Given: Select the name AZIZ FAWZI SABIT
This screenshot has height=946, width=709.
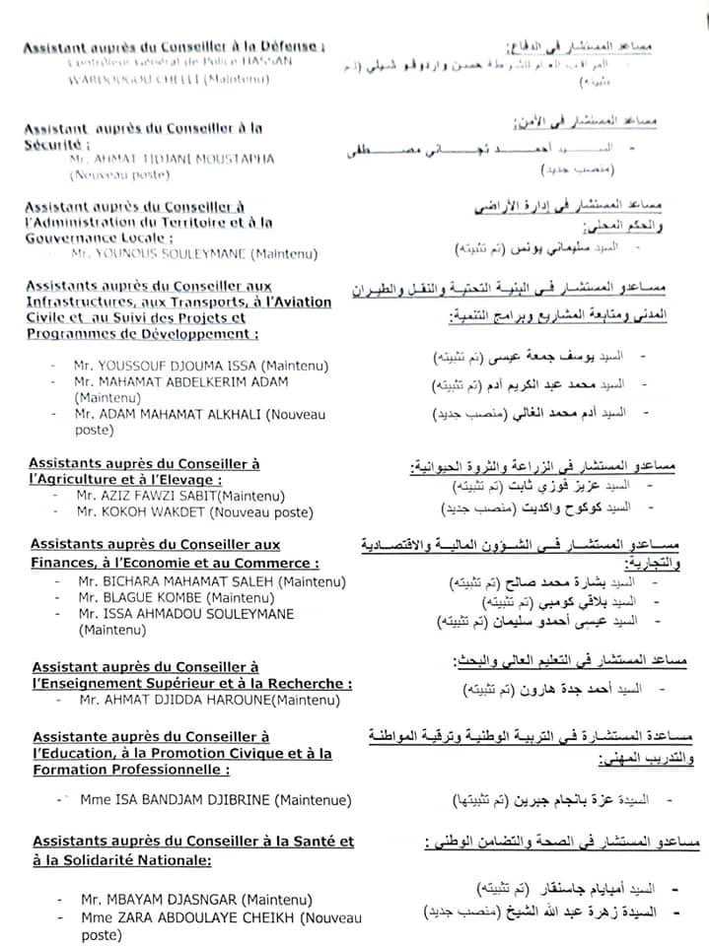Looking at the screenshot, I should tap(148, 496).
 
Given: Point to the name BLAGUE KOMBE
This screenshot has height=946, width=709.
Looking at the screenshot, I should tap(153, 597).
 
